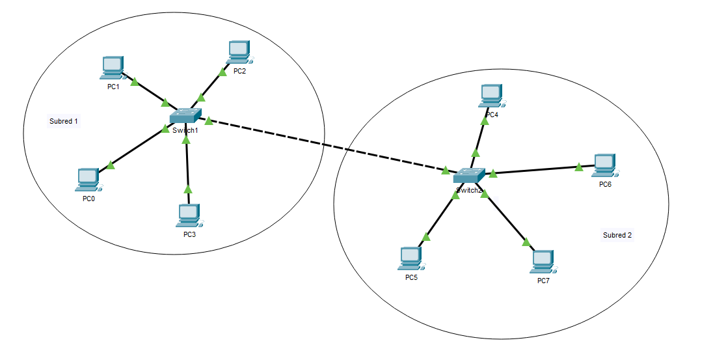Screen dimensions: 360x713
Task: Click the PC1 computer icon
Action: coord(113,68)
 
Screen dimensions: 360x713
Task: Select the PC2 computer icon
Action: coord(239,51)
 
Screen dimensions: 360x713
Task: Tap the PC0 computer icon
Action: coord(88,179)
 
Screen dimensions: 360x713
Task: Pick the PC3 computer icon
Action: coord(189,215)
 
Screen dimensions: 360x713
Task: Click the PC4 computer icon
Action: coord(491,95)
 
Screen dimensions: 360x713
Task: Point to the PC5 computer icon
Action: coord(410,258)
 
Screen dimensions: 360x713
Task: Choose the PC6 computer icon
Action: coord(604,165)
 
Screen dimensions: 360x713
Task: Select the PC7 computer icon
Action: coord(543,262)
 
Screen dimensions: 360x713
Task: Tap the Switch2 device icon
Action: coord(468,176)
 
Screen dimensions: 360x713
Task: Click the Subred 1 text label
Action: coord(64,121)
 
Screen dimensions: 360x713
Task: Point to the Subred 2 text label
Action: coord(617,235)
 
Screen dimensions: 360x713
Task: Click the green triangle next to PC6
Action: coord(579,167)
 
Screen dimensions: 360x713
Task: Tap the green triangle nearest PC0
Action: coord(111,165)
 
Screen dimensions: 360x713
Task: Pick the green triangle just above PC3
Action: coord(188,189)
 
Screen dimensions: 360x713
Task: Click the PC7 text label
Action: coord(543,281)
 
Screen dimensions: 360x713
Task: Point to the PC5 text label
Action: coord(411,278)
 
